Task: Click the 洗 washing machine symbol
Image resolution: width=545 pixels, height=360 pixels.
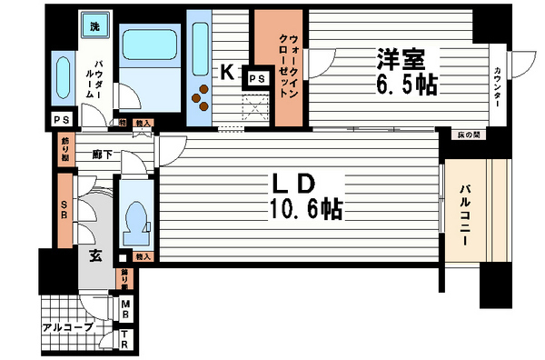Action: (x=94, y=26)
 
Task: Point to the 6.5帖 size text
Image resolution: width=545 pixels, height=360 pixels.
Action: (x=404, y=86)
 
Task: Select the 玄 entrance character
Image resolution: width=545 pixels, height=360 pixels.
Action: (x=94, y=255)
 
